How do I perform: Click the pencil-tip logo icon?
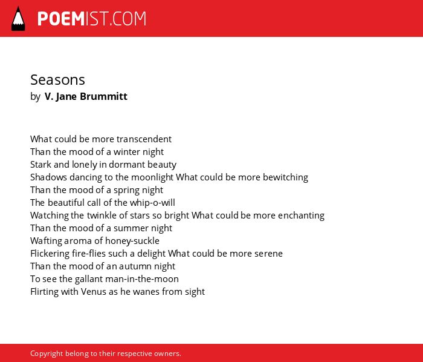pyautogui.click(x=18, y=19)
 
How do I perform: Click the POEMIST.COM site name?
pyautogui.click(x=92, y=19)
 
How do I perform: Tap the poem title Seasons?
pyautogui.click(x=57, y=80)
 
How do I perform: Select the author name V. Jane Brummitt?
pyautogui.click(x=86, y=96)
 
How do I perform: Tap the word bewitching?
pyautogui.click(x=285, y=178)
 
